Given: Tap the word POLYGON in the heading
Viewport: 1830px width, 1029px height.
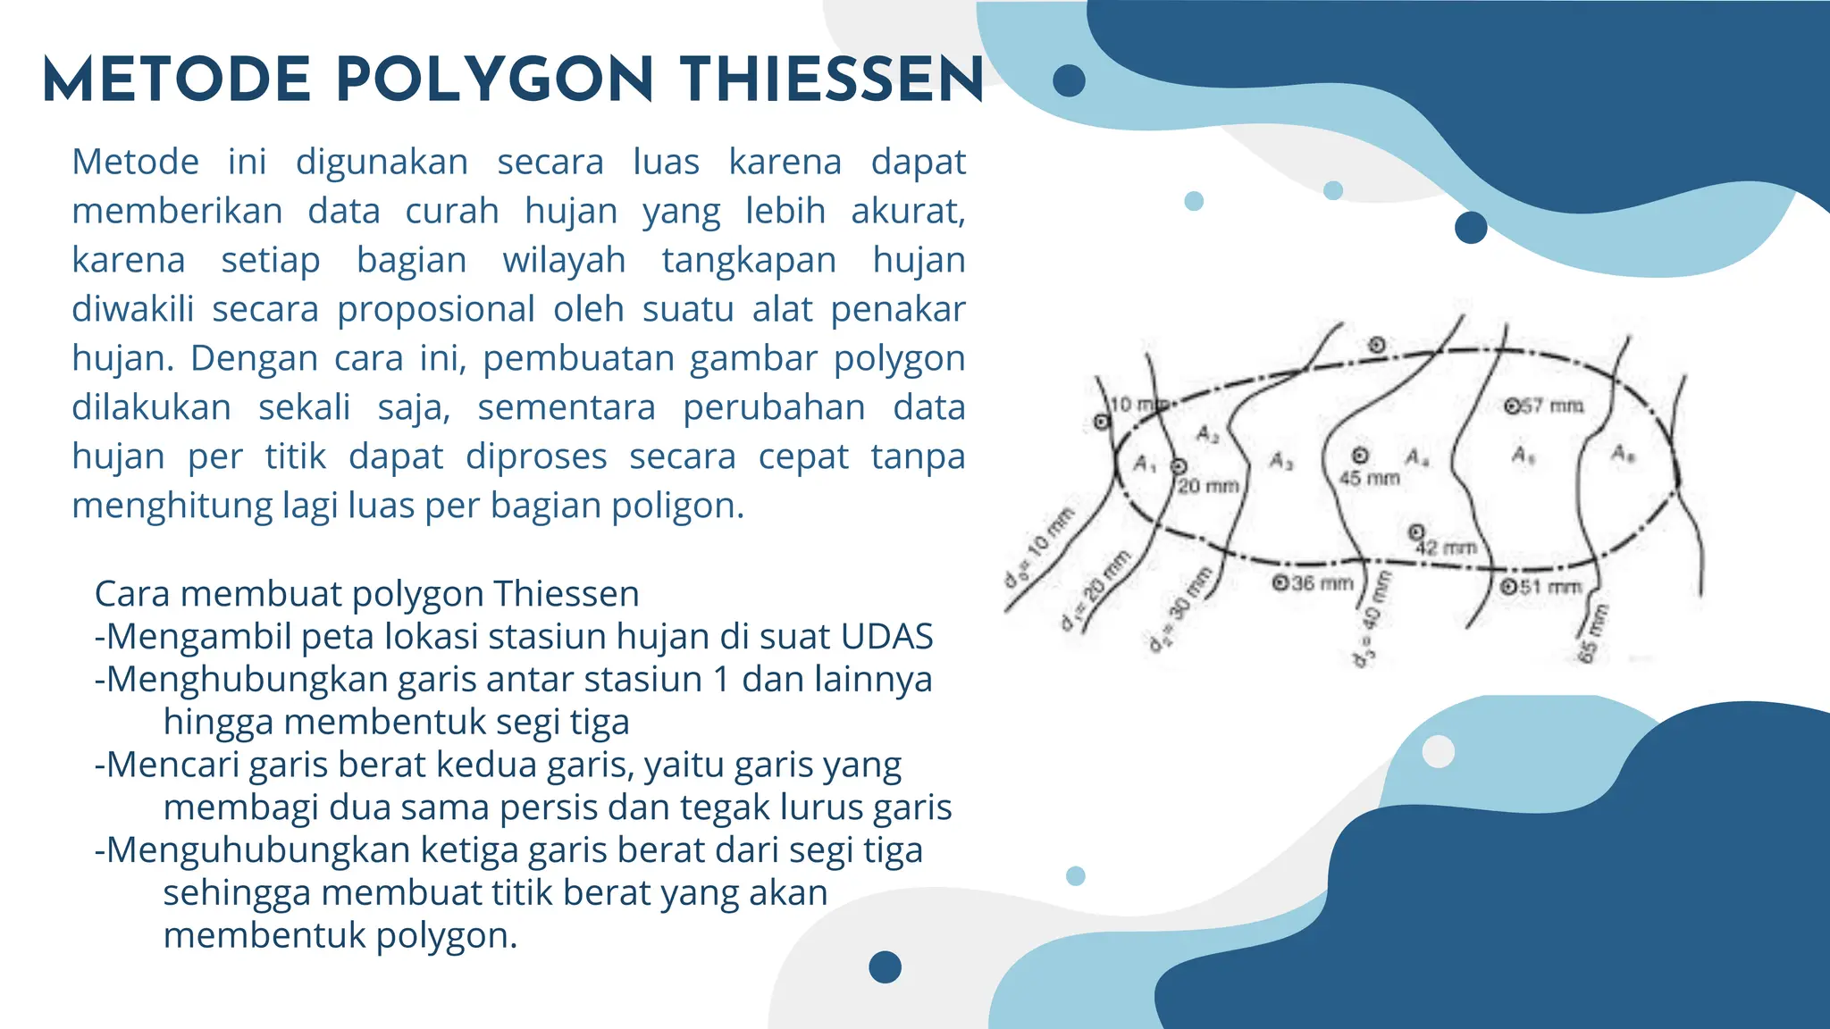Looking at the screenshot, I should point(495,80).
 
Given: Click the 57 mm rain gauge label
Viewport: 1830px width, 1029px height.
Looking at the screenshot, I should point(1552,406).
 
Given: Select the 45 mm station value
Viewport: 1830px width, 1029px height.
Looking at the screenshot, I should point(1369,479).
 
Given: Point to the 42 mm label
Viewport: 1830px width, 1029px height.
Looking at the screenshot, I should point(1447,548).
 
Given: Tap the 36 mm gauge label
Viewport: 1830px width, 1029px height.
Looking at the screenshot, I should point(1322,583).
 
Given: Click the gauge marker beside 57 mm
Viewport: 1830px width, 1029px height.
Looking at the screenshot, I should point(1512,406).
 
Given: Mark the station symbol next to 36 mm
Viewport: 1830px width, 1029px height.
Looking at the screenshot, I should point(1280,583).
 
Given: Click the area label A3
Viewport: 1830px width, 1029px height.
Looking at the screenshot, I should point(1280,461).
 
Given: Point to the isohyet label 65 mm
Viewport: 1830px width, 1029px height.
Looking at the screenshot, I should point(1592,633).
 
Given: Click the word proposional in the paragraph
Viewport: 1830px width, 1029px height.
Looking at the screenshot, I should point(435,310).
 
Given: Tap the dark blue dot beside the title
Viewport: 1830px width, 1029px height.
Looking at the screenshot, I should point(1069,81).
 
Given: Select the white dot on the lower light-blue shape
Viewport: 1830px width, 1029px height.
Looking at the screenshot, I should point(1438,751).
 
